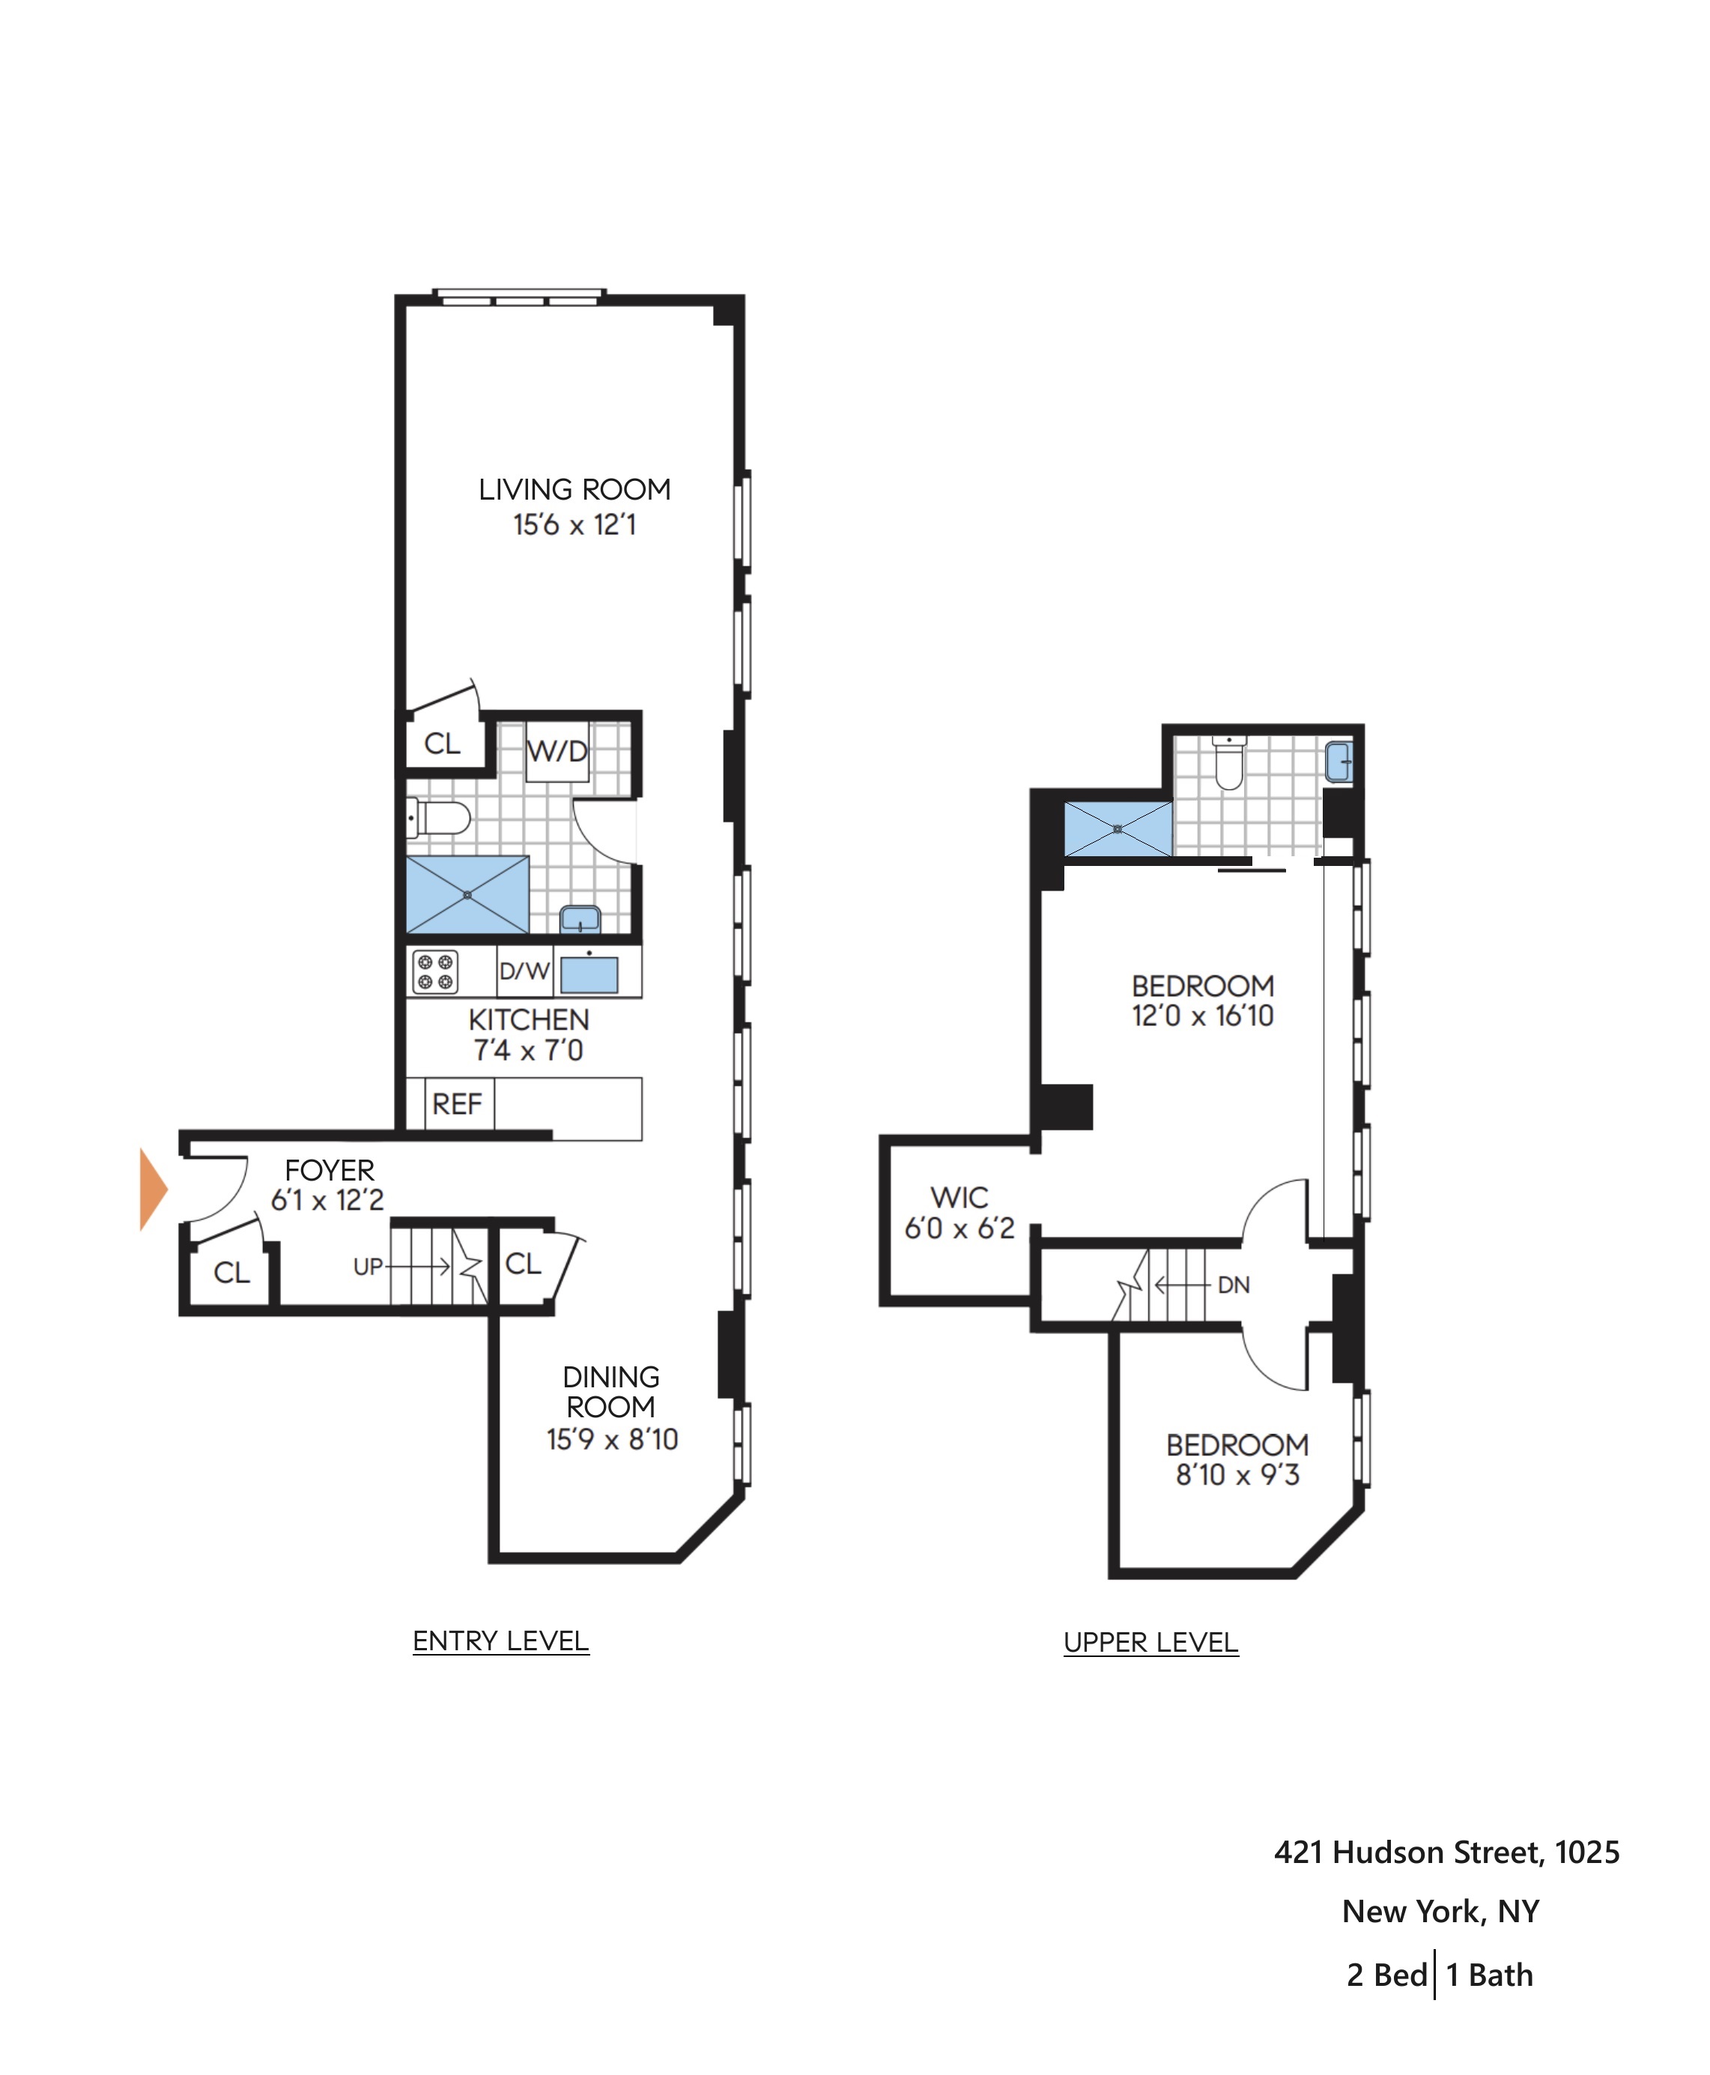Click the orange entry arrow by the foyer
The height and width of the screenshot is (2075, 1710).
pyautogui.click(x=153, y=1190)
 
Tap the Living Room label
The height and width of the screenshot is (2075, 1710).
pyautogui.click(x=574, y=490)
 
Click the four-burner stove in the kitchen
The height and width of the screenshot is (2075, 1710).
pyautogui.click(x=434, y=972)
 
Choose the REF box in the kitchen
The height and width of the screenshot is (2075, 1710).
pyautogui.click(x=457, y=1104)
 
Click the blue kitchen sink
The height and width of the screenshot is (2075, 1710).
pyautogui.click(x=589, y=975)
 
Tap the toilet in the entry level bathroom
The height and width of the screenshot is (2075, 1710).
pyautogui.click(x=440, y=818)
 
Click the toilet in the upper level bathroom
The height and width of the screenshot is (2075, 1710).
pyautogui.click(x=1228, y=763)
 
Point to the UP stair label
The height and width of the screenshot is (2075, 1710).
pyautogui.click(x=368, y=1267)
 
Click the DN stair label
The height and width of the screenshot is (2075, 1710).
pyautogui.click(x=1233, y=1285)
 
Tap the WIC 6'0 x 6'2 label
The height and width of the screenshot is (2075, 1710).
pyautogui.click(x=959, y=1213)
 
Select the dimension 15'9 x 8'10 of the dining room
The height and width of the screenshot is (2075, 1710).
pyautogui.click(x=612, y=1440)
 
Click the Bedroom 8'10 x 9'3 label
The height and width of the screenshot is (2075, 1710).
pyautogui.click(x=1237, y=1459)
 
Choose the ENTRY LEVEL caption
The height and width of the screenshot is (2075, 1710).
pyautogui.click(x=500, y=1641)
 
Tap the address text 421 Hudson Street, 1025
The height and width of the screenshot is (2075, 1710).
pyautogui.click(x=1446, y=1853)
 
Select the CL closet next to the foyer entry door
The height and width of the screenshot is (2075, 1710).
pyautogui.click(x=232, y=1273)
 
